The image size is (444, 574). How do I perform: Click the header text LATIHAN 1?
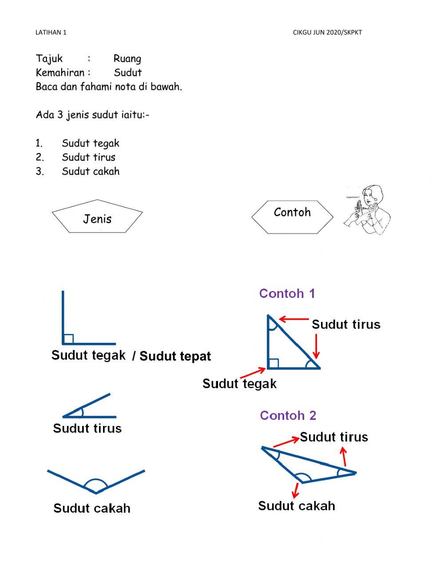(51, 32)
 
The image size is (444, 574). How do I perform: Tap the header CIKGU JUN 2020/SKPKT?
(327, 32)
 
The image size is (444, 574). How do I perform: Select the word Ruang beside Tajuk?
(127, 59)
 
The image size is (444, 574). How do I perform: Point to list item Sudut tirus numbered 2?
(88, 157)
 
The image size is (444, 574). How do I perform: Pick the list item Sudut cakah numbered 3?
(91, 171)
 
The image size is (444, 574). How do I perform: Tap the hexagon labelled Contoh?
(292, 216)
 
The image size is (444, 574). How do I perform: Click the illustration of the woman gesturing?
(368, 210)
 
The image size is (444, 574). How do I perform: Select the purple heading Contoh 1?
(287, 293)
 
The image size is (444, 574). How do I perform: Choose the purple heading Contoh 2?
(288, 415)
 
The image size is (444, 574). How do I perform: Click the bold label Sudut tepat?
(175, 356)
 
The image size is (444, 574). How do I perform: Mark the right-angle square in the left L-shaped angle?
(68, 339)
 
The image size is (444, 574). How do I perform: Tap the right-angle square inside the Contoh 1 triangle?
(274, 363)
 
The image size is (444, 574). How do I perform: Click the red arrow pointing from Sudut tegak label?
(253, 372)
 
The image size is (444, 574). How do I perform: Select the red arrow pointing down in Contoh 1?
(316, 345)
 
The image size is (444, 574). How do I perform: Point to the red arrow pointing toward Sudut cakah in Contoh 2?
(295, 490)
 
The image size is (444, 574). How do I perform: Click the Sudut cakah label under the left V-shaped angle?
(92, 508)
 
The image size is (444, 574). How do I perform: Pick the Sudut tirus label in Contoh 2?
(334, 437)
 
